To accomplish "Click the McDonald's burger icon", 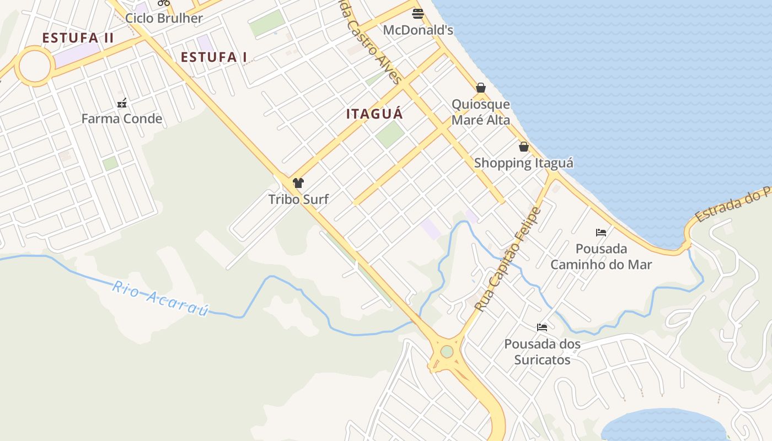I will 418,14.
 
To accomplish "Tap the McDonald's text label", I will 418,30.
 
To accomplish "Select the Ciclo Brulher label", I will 164,18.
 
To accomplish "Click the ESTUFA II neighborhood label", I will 78,38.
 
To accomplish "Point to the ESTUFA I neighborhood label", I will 214,57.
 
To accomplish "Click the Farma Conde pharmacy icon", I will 122,103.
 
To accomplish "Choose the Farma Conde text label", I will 122,119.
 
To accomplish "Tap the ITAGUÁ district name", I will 374,114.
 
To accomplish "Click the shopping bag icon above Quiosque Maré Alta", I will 481,88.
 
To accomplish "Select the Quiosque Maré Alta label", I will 481,112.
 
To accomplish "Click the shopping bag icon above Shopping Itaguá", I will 523,147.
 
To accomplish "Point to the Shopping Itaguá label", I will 523,163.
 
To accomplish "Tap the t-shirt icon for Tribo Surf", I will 298,183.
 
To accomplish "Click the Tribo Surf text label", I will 298,199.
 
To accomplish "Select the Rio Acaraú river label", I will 160,298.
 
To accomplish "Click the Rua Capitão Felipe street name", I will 508,259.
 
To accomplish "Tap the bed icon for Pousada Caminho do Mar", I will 601,233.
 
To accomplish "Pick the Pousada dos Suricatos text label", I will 542,352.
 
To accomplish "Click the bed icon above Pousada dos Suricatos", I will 542,327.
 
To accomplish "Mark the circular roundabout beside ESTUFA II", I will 35,66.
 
